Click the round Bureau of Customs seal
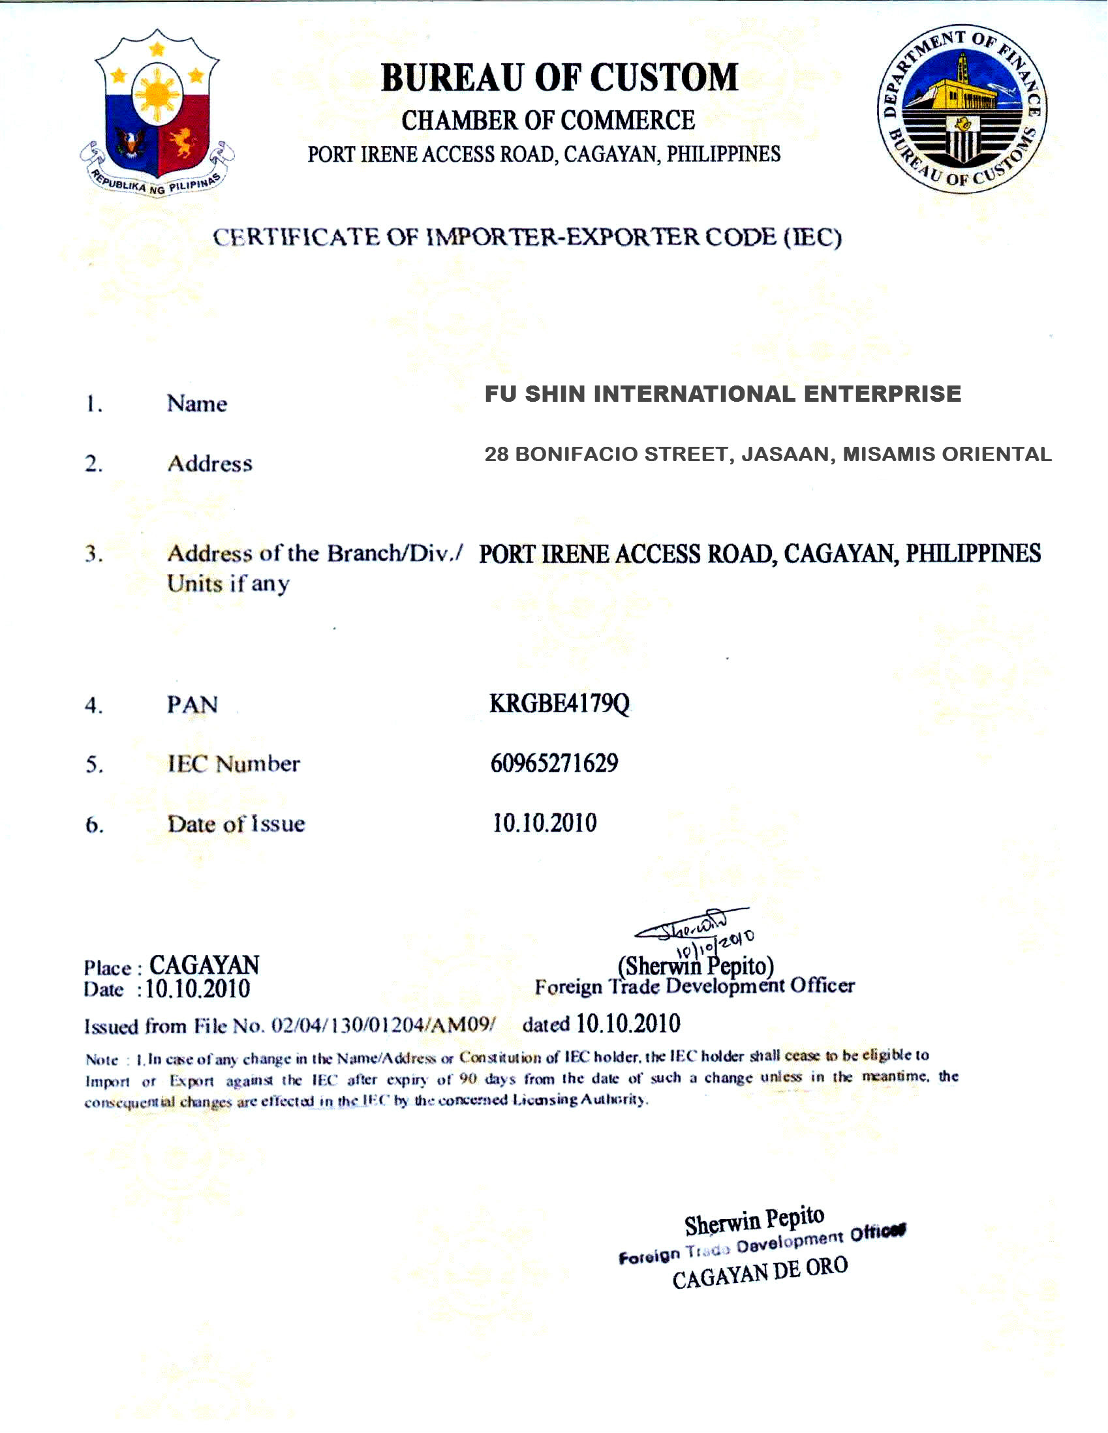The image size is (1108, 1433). click(x=962, y=109)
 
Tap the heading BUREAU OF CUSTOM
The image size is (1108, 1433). click(x=560, y=78)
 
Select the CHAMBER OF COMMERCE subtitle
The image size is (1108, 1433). click(x=548, y=121)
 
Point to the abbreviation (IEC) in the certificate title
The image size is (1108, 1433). click(x=813, y=237)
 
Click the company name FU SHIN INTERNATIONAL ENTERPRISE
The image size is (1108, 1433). click(x=723, y=394)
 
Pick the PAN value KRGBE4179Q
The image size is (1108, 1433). click(x=559, y=703)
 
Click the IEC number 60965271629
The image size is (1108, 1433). click(x=554, y=763)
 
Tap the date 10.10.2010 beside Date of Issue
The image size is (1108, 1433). click(x=545, y=822)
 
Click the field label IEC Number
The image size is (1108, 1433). click(x=234, y=764)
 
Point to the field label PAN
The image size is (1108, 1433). click(x=192, y=704)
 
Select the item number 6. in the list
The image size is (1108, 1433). click(x=95, y=824)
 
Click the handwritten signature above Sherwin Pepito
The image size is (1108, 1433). click(x=689, y=927)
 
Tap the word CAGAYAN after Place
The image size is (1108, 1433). click(x=204, y=965)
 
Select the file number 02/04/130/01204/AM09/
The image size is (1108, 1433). click(x=383, y=1025)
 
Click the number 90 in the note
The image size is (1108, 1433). click(x=467, y=1079)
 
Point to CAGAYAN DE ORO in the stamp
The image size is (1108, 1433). click(x=760, y=1274)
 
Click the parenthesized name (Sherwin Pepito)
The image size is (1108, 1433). click(x=696, y=966)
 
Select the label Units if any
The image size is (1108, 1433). click(x=228, y=583)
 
